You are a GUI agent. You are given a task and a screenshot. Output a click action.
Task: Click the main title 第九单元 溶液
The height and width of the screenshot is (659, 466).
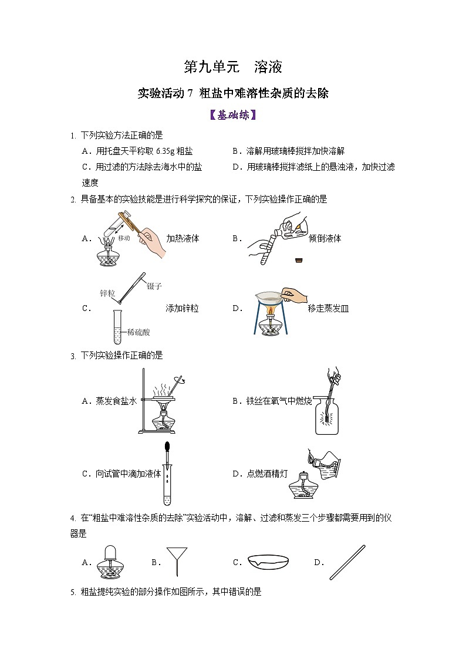(233, 67)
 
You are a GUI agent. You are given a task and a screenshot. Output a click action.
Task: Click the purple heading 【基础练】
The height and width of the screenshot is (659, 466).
(233, 115)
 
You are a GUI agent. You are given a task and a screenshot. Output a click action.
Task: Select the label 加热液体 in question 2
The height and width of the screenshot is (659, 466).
(183, 238)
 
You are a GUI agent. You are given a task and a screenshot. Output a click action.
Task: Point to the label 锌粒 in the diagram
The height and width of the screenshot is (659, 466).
(107, 292)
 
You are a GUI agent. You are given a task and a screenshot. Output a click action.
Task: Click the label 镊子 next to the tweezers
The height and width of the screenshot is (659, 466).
(154, 286)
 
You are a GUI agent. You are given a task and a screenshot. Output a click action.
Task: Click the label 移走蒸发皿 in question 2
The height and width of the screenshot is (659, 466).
(328, 308)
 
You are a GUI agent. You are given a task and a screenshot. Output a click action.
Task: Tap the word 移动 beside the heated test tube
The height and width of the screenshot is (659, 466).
(123, 239)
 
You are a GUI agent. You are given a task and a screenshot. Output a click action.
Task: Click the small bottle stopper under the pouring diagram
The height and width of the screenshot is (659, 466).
(299, 259)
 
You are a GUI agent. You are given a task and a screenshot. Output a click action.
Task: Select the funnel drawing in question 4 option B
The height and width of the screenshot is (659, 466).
(174, 560)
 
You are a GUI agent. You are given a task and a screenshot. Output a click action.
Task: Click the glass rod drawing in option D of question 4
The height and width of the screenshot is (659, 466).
(347, 562)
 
